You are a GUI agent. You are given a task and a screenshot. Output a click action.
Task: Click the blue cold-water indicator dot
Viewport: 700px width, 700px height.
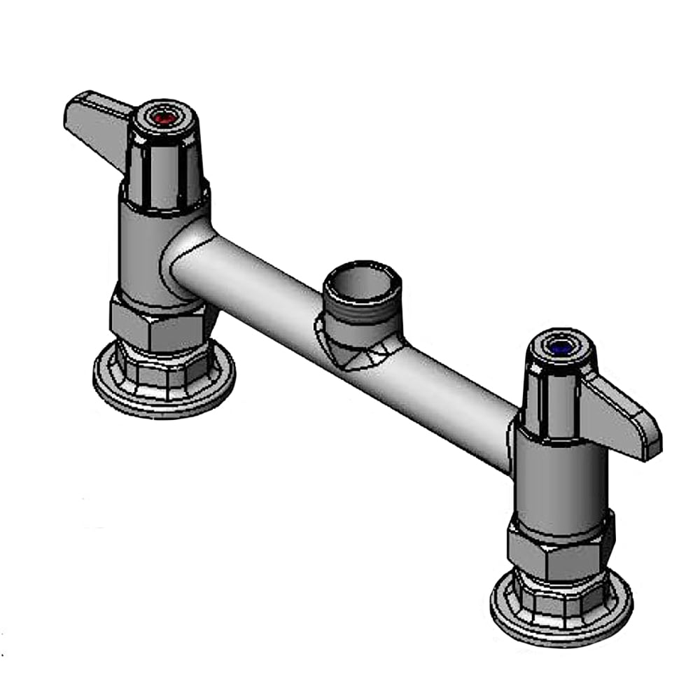click(x=560, y=346)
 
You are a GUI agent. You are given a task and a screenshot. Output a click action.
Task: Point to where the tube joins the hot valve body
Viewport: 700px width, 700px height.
click(x=185, y=262)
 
